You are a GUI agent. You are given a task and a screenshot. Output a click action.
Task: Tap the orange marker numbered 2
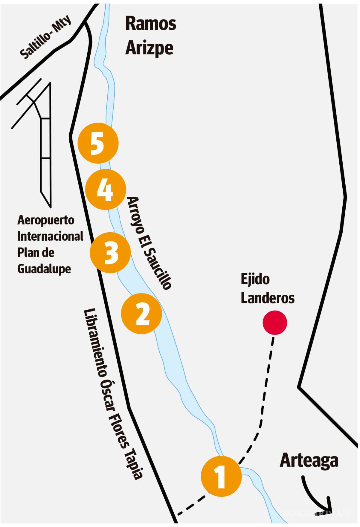point(142,314)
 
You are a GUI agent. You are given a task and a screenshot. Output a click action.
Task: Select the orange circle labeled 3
point(110,252)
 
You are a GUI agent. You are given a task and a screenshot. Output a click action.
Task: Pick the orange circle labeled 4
point(105,189)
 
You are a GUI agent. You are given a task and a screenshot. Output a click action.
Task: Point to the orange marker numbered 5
point(98,143)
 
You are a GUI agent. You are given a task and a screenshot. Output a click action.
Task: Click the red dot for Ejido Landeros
point(274,323)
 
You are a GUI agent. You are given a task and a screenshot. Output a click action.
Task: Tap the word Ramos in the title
point(151,24)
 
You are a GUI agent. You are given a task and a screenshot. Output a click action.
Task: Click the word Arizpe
point(149,48)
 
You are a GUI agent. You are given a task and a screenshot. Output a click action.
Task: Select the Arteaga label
point(309,460)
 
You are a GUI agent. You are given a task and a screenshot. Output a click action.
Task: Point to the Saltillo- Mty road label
point(46,37)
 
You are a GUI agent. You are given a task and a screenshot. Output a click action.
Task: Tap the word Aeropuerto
point(46,220)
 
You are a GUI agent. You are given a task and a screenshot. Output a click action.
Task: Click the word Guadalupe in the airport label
point(44,269)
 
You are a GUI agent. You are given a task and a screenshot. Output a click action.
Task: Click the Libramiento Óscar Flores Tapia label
point(113,393)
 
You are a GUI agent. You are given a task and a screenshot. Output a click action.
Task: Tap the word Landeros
point(268,298)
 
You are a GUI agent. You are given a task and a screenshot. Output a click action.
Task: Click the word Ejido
point(255,279)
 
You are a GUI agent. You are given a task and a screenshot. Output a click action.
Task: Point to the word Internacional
point(50,236)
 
